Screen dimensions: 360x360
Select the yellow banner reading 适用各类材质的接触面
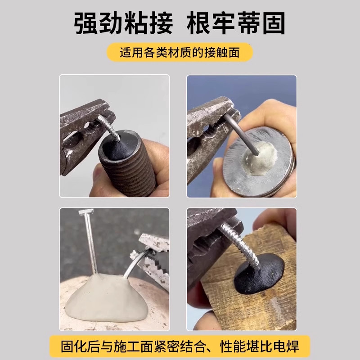tap(180, 52)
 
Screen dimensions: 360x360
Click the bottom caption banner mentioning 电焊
tap(180, 346)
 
